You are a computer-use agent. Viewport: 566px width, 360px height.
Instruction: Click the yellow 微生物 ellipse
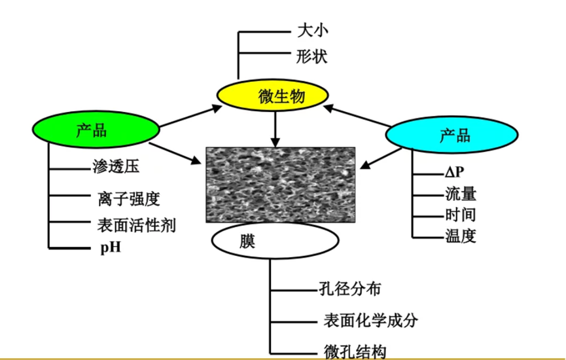click(271, 97)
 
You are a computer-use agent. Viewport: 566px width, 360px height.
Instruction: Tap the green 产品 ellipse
click(97, 130)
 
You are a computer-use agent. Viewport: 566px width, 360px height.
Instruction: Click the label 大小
click(311, 31)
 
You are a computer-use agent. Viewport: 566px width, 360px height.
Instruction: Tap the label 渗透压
click(116, 167)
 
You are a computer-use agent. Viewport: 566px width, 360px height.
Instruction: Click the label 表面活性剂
click(136, 225)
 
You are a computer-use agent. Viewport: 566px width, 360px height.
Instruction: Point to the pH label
click(111, 248)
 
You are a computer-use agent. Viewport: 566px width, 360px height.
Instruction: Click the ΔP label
click(454, 172)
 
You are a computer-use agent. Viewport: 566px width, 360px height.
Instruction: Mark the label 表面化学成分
click(370, 320)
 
